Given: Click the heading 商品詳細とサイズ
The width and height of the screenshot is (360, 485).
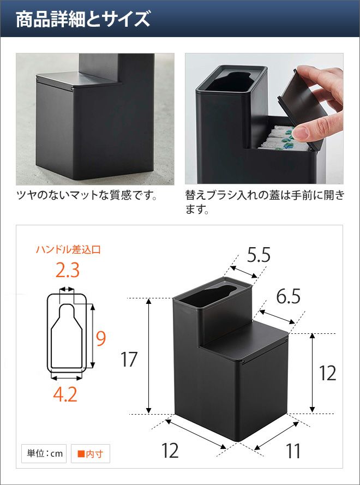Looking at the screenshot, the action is (83, 19).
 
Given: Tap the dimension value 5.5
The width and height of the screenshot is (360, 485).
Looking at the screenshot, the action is (259, 255).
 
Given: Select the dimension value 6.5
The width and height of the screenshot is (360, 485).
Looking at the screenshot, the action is (288, 297).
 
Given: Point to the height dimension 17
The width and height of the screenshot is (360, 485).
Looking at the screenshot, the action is (129, 359).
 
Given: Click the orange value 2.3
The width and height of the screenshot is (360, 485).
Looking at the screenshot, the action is (68, 271).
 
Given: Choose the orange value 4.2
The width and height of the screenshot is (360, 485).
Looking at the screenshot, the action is (65, 394).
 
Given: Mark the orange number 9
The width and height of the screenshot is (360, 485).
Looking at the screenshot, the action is (100, 338).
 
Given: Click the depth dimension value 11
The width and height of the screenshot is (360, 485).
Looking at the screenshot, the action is (293, 451).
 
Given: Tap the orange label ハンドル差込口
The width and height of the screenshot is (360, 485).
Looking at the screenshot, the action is (68, 250).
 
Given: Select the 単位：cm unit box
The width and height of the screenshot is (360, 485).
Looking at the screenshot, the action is (44, 453).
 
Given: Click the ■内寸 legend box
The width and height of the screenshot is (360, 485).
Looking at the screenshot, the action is (91, 453).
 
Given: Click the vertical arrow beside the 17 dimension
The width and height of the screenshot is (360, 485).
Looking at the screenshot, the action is (149, 356).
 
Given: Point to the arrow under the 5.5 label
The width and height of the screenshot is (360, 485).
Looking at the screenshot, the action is (244, 271).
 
